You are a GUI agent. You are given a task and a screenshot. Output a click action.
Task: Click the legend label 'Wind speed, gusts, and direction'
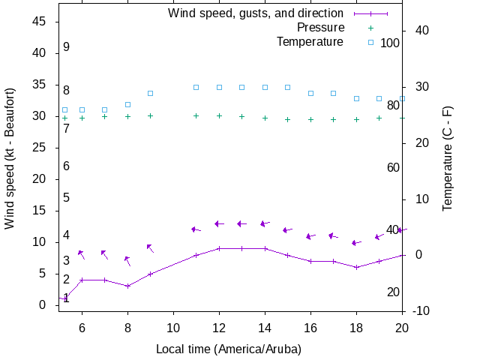[x=256, y=13]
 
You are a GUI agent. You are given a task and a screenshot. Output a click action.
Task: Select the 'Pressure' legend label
[x=320, y=28]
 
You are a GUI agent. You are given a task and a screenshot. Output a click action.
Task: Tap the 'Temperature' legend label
[x=310, y=42]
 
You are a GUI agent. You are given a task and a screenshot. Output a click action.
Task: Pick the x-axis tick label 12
[x=219, y=327]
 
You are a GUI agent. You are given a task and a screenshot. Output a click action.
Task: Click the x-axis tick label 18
[x=356, y=327]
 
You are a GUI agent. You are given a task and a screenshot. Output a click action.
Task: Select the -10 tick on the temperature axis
[x=421, y=310]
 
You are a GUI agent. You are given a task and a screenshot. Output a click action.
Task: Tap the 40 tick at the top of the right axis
[x=421, y=31]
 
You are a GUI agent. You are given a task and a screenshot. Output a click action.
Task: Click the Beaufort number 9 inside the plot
[x=66, y=47]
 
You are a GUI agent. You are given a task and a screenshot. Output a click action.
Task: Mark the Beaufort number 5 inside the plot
[x=66, y=198]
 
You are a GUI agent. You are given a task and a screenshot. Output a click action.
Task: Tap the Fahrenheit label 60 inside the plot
[x=393, y=167]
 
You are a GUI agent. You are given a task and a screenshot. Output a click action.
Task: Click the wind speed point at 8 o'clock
[x=127, y=286]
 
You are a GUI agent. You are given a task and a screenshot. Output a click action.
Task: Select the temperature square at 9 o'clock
[x=150, y=93]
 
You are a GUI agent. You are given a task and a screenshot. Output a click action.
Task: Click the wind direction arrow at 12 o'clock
[x=219, y=223]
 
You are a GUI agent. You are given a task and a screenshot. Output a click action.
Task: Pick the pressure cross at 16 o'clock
[x=310, y=119]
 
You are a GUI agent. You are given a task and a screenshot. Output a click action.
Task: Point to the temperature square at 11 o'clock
[x=196, y=87]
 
